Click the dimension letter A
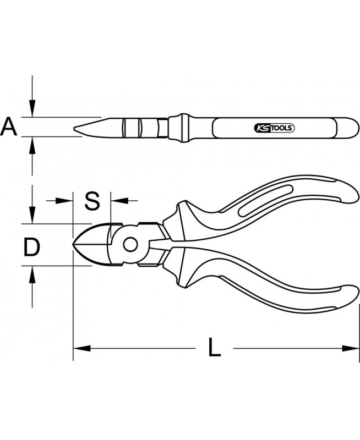(x=9, y=127)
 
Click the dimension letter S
(x=92, y=201)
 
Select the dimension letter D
(x=31, y=247)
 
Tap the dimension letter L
(x=214, y=348)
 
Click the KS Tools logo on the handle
(x=274, y=128)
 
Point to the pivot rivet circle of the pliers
(x=130, y=245)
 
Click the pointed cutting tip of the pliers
(x=74, y=244)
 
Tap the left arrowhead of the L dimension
(x=81, y=349)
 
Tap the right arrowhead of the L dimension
(x=351, y=349)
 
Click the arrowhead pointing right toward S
(x=64, y=200)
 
